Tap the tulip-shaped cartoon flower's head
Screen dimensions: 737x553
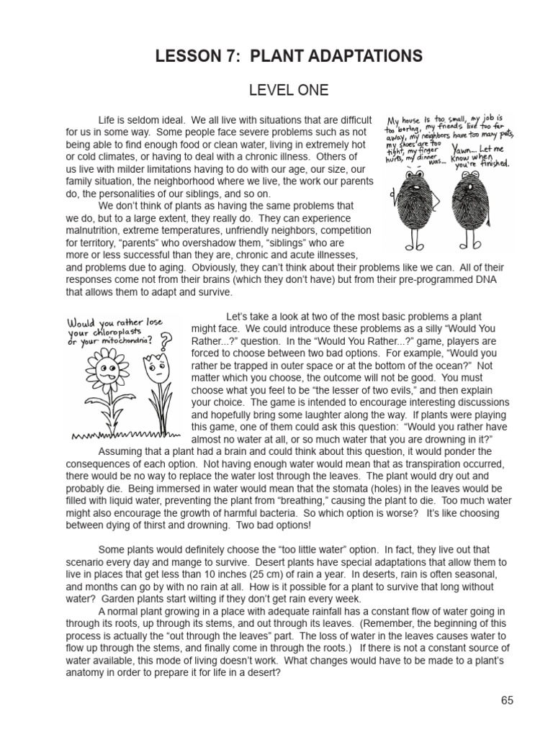coord(154,369)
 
